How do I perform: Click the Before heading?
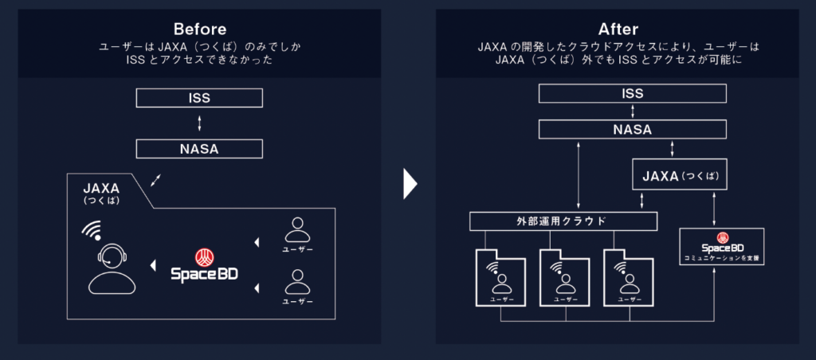coord(199,29)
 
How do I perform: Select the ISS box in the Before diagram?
coord(199,98)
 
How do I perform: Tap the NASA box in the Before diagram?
coord(199,148)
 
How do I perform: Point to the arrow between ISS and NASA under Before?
coord(199,123)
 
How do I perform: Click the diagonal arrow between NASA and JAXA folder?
coord(156,178)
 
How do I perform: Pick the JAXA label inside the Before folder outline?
coord(101,190)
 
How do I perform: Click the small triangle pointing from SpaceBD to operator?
coord(151,264)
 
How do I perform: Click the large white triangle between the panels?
coord(410,183)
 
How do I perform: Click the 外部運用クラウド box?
coord(563,221)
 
